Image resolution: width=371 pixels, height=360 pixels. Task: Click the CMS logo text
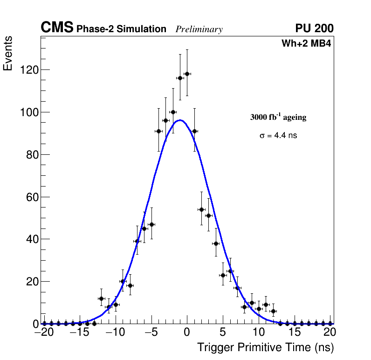(x=57, y=28)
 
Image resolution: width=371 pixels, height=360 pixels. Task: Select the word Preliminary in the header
(x=199, y=29)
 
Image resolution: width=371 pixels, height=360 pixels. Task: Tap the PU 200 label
(x=314, y=28)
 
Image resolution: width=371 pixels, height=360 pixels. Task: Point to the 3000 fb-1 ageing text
(x=278, y=117)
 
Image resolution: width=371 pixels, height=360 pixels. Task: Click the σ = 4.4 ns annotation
(x=278, y=136)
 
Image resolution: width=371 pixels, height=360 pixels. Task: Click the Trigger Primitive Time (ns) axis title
(x=266, y=347)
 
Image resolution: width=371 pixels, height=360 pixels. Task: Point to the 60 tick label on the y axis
(x=32, y=197)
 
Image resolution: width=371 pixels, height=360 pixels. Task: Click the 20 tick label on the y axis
(x=32, y=282)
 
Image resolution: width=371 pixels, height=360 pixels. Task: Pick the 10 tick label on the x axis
(x=259, y=332)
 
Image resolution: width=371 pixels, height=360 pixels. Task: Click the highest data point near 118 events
(x=187, y=74)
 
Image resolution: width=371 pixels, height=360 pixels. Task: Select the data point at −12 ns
(x=101, y=298)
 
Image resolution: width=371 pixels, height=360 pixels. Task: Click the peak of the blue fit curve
(x=180, y=120)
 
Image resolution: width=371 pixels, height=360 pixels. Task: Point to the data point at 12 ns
(x=273, y=311)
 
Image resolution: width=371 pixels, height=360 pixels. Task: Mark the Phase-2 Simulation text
(x=121, y=29)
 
